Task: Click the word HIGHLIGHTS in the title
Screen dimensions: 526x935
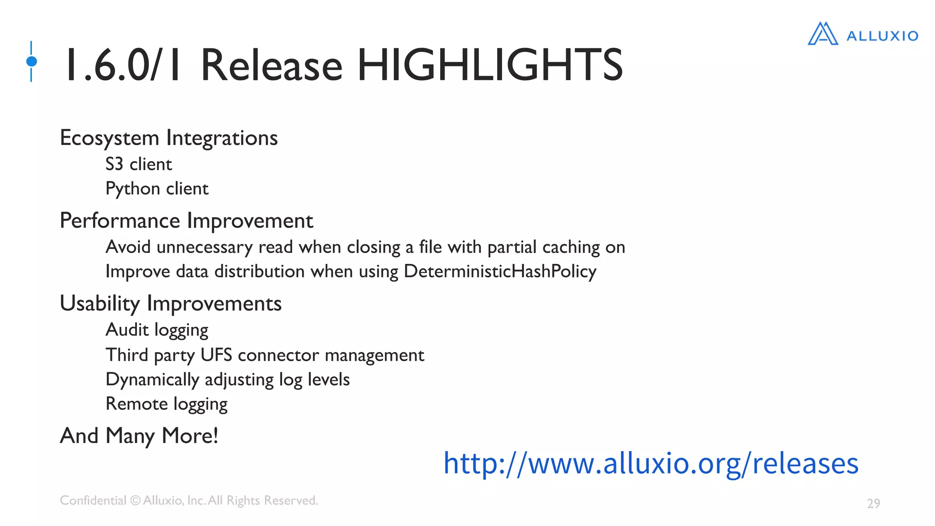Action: coord(489,65)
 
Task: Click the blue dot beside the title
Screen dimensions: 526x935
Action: coord(32,61)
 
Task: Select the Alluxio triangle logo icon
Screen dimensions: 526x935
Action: coord(823,34)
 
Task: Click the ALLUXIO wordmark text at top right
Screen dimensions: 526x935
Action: coord(882,36)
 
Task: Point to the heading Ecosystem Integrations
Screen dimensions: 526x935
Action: coord(168,138)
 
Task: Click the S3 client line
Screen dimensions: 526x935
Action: coord(138,164)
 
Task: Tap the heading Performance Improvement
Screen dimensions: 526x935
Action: coord(186,221)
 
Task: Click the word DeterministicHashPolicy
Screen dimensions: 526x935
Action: coord(500,271)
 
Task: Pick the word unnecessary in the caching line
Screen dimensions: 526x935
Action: coord(204,247)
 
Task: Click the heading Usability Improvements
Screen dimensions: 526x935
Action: coord(171,304)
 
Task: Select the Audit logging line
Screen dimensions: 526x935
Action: coord(157,330)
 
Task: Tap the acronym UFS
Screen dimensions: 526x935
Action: coord(216,355)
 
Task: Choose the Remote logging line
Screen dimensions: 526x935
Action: coord(166,404)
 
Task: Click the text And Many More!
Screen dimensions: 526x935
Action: coord(139,436)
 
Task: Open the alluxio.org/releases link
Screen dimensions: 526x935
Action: coord(651,463)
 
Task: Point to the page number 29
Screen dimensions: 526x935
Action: coord(873,503)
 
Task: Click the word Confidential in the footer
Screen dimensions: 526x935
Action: coord(93,500)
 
